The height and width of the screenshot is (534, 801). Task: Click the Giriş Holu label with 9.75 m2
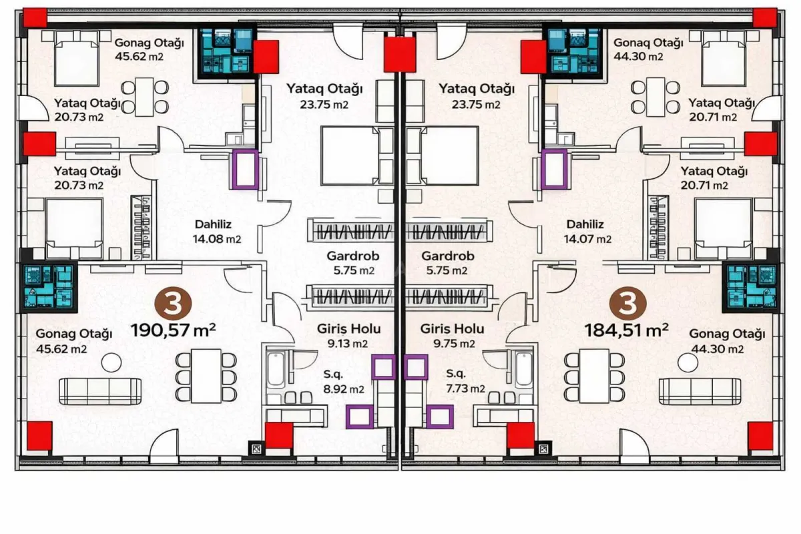point(453,336)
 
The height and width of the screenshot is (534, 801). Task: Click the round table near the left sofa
point(111,362)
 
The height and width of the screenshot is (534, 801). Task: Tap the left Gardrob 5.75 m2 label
point(350,262)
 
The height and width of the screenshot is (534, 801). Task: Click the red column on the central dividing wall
point(399,55)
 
